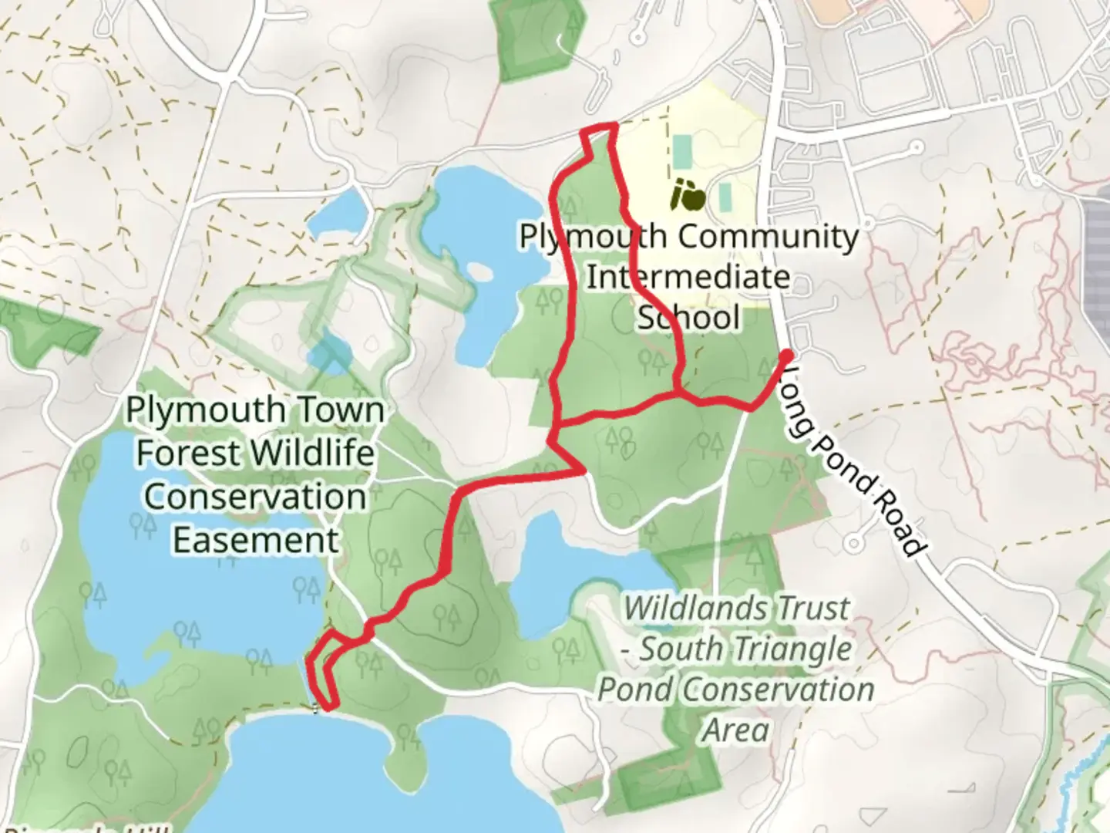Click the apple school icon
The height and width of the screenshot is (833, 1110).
(688, 196)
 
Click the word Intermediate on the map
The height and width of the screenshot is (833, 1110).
(688, 276)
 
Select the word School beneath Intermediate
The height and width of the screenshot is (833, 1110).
(688, 317)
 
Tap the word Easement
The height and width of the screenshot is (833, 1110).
(255, 539)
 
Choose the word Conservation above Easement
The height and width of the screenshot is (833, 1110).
(255, 496)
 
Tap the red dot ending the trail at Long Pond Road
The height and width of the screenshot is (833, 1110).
(787, 356)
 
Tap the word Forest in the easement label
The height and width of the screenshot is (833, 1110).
(182, 453)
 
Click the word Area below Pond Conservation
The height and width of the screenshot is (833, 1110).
(735, 730)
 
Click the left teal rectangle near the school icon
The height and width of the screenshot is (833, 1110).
(681, 152)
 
